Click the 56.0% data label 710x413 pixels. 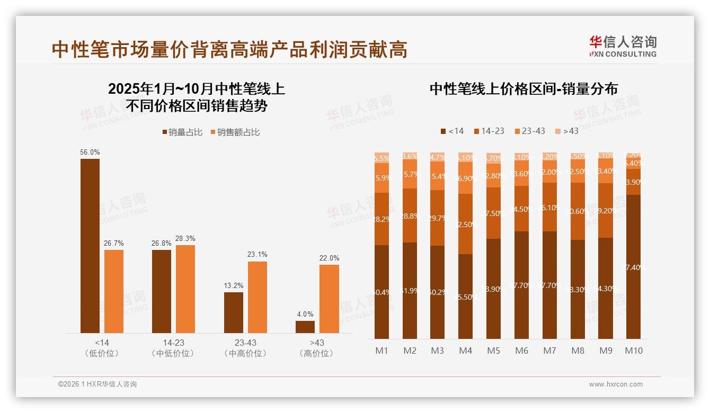(x=90, y=152)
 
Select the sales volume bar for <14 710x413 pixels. (x=90, y=246)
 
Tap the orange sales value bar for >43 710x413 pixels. (x=329, y=299)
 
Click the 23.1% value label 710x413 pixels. (x=257, y=255)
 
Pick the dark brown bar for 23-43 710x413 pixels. (x=234, y=313)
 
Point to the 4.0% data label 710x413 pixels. (x=305, y=314)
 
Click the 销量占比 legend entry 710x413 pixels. (x=182, y=132)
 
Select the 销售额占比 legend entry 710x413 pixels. (x=235, y=132)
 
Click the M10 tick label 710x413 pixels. (x=633, y=351)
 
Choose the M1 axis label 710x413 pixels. (x=381, y=351)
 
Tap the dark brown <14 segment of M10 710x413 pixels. (x=633, y=267)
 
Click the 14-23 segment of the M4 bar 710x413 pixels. (x=465, y=224)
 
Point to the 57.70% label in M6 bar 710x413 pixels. (x=522, y=285)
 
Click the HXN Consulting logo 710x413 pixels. (x=623, y=46)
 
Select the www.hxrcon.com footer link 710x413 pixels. (x=616, y=384)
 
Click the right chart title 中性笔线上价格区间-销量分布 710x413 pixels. (x=523, y=89)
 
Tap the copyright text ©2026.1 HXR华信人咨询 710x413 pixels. (x=97, y=384)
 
